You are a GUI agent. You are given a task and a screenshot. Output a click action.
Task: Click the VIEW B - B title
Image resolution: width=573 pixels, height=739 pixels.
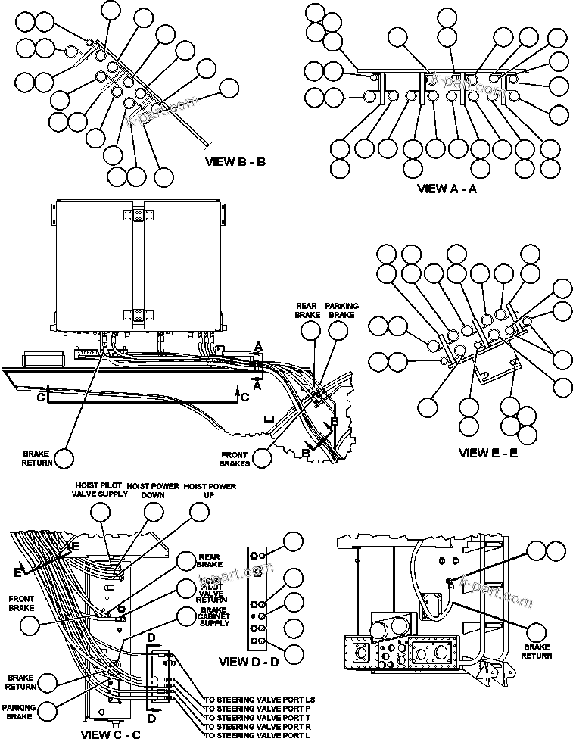pyautogui.click(x=235, y=161)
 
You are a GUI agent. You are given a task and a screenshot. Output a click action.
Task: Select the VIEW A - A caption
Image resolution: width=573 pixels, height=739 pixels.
pyautogui.click(x=447, y=189)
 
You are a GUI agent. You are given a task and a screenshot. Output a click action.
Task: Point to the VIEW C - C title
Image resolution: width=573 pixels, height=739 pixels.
pyautogui.click(x=111, y=733)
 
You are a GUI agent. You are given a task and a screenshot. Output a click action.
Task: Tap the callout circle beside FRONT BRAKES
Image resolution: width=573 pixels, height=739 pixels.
pyautogui.click(x=263, y=458)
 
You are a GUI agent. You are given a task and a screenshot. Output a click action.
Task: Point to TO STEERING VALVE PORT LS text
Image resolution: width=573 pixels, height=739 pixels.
pyautogui.click(x=260, y=698)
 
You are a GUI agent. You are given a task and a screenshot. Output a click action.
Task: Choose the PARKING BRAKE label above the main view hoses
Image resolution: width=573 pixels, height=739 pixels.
pyautogui.click(x=342, y=310)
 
